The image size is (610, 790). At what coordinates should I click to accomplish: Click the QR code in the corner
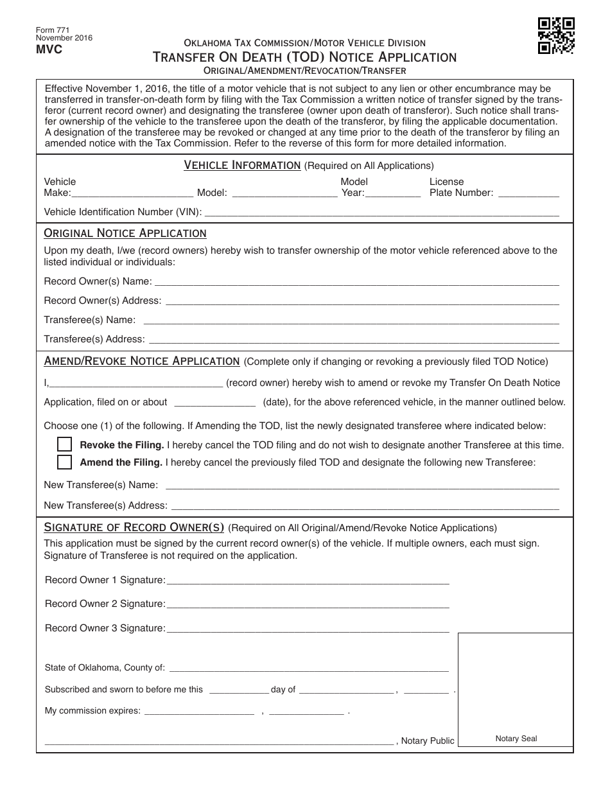coord(556,35)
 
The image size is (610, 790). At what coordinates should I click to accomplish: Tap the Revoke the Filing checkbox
coord(64,444)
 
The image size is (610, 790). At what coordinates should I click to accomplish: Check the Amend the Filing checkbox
coord(64,462)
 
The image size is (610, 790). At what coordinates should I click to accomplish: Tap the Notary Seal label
coord(516,739)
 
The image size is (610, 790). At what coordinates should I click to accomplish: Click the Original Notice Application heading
coord(125,233)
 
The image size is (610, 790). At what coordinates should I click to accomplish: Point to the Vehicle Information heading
coord(242,166)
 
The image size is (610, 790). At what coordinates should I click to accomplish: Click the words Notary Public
coord(427,741)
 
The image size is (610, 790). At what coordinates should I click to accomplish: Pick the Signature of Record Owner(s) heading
coord(134,528)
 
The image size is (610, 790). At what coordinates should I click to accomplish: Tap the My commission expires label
coord(92,711)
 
